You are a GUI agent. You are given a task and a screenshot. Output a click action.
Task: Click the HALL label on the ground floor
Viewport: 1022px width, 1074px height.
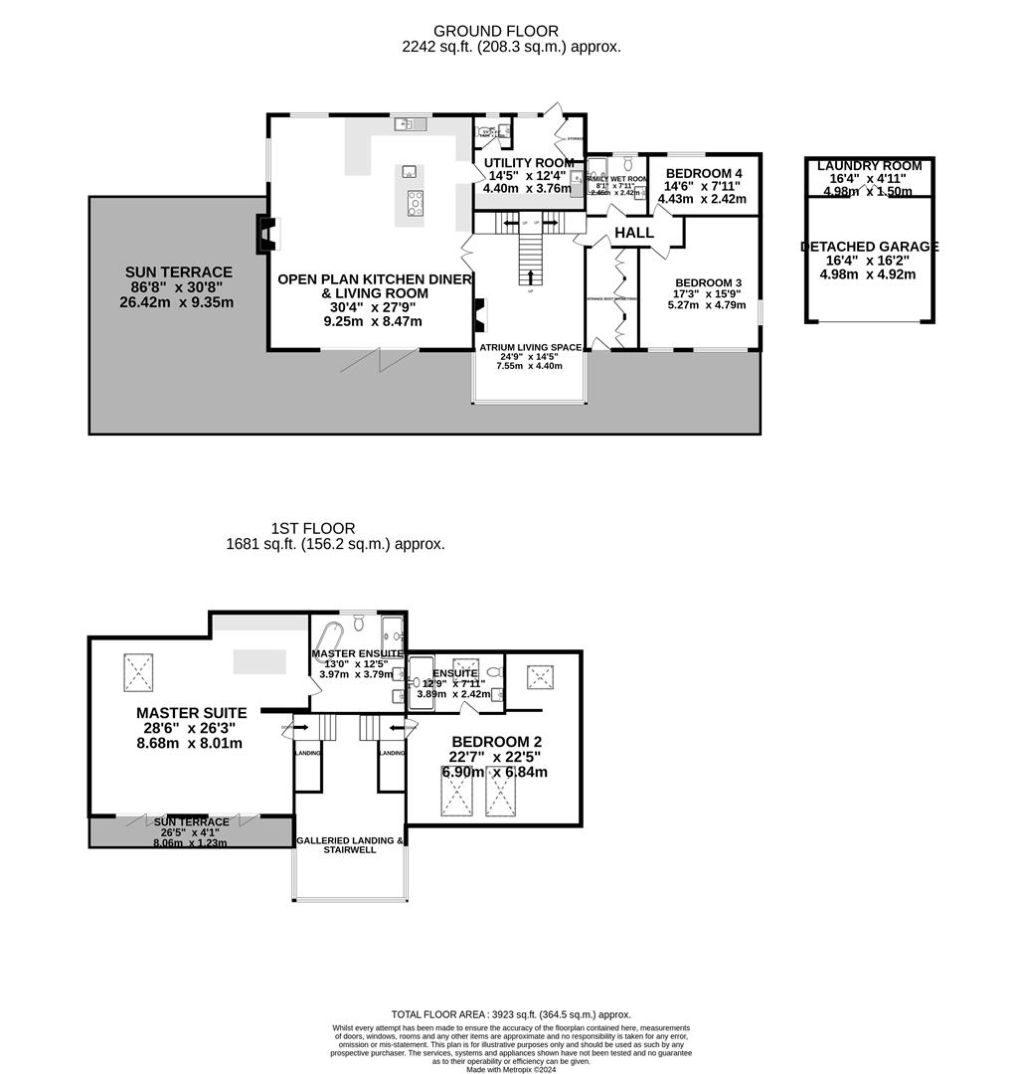(633, 233)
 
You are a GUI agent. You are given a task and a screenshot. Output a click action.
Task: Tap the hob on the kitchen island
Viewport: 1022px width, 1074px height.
(415, 201)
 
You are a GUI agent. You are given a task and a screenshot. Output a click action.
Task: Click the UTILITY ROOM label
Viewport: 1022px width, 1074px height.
(528, 162)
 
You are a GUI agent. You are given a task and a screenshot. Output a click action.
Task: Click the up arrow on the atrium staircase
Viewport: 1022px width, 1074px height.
(529, 275)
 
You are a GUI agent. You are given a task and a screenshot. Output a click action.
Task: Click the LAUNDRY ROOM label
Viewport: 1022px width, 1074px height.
(869, 166)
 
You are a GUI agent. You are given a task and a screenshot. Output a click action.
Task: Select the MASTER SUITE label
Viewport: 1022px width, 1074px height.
(191, 713)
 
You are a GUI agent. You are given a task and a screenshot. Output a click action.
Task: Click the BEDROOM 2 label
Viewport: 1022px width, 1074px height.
(496, 742)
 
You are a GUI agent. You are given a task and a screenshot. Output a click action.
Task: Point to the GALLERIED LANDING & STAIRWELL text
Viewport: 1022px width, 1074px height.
(350, 845)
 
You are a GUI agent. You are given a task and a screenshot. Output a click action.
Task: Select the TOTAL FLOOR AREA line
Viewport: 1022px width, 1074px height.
(511, 1014)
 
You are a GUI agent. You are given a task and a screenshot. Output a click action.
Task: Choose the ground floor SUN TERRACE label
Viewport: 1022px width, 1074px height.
(178, 271)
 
